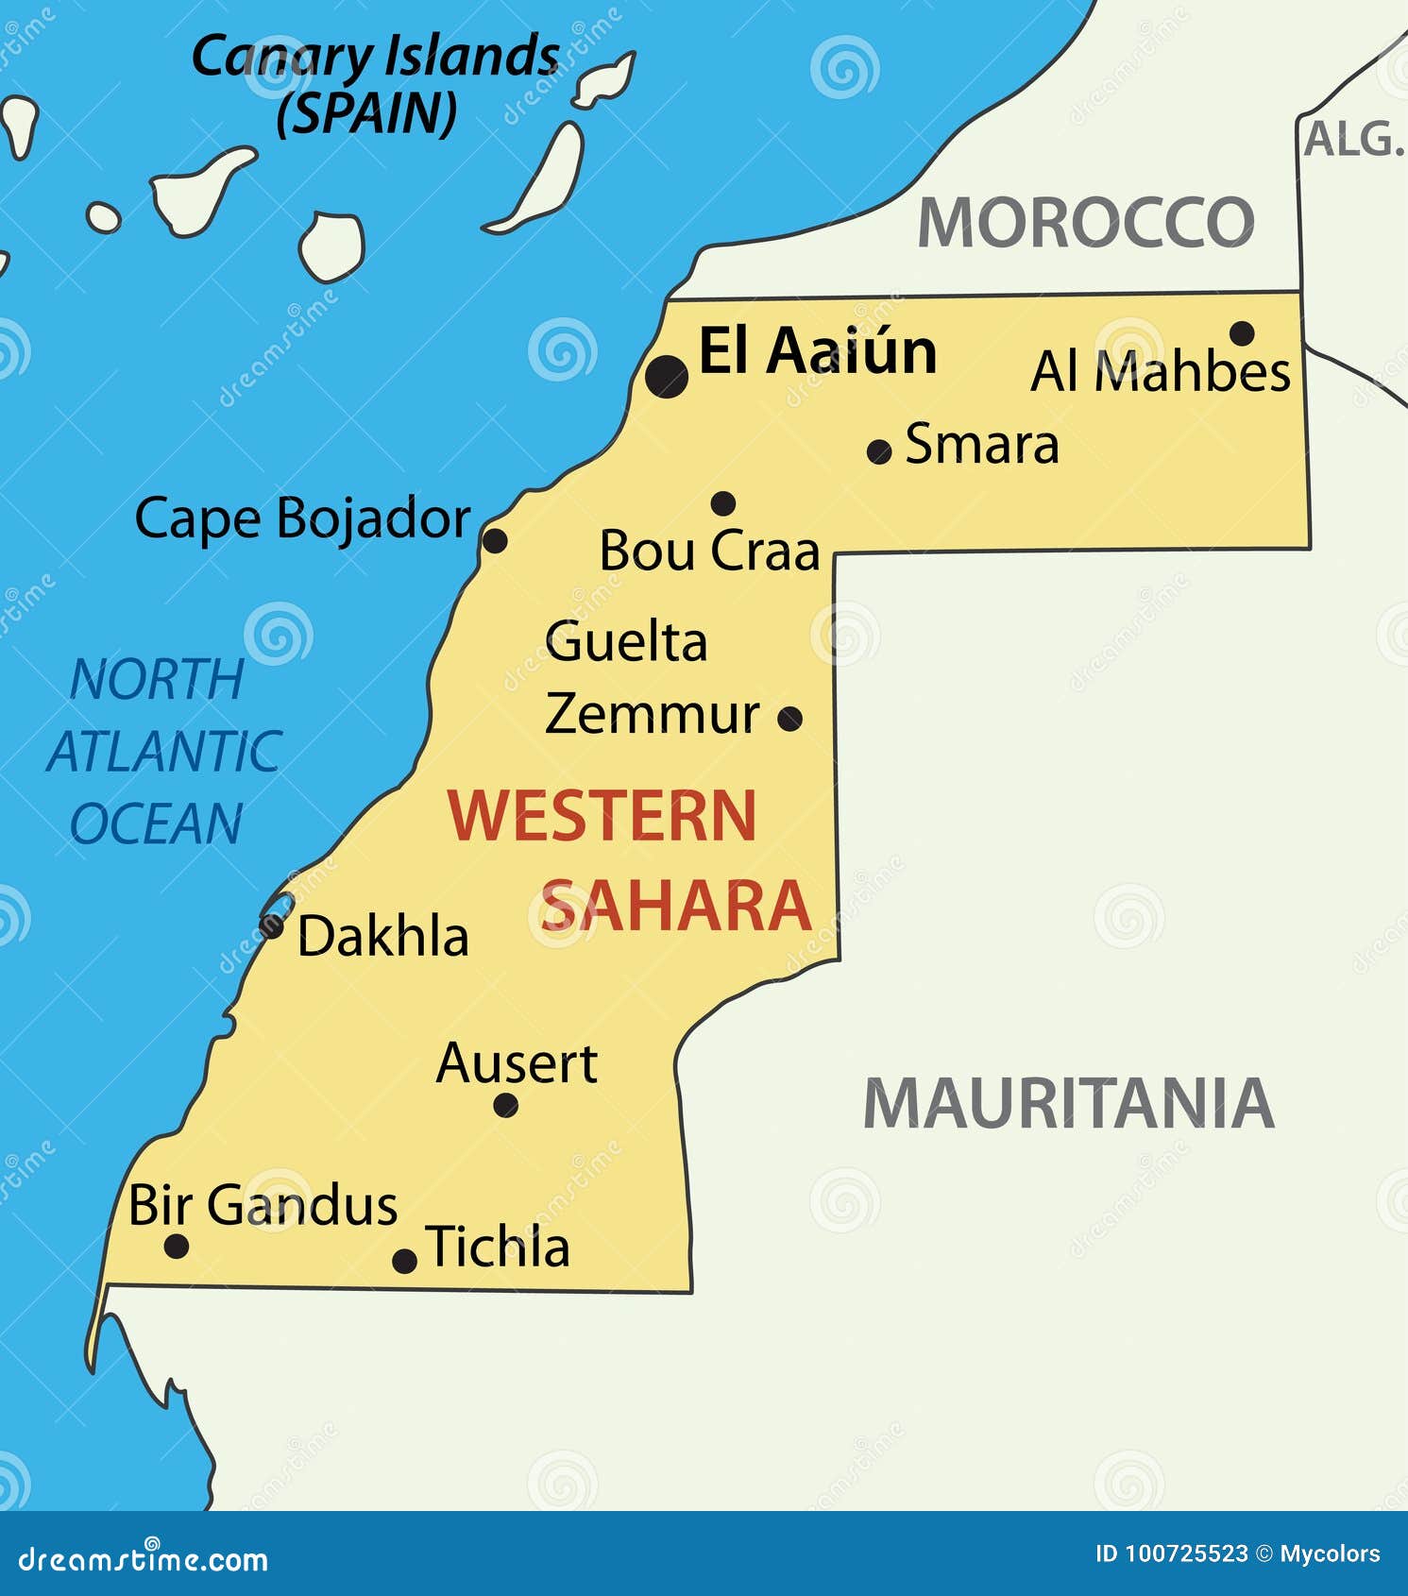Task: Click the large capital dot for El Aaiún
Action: coord(667,376)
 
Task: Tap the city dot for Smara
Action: coord(879,451)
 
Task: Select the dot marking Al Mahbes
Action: coord(1242,332)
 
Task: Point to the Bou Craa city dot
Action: coord(723,502)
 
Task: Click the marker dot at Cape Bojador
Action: coord(495,540)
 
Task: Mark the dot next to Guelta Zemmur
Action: coord(790,719)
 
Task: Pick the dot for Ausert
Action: coord(506,1105)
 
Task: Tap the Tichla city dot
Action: coord(405,1260)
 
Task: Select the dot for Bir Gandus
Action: coord(177,1246)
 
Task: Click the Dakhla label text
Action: coord(382,937)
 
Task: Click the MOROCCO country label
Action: coord(1086,224)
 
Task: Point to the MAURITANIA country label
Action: coord(1069,1103)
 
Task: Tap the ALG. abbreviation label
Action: coord(1353,140)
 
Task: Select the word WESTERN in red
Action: coord(602,816)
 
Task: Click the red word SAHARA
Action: coord(675,906)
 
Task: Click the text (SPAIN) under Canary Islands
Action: coord(366,113)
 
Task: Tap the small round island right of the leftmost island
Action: coord(104,217)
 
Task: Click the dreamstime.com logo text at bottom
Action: coord(144,1559)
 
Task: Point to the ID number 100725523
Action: coord(1186,1554)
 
